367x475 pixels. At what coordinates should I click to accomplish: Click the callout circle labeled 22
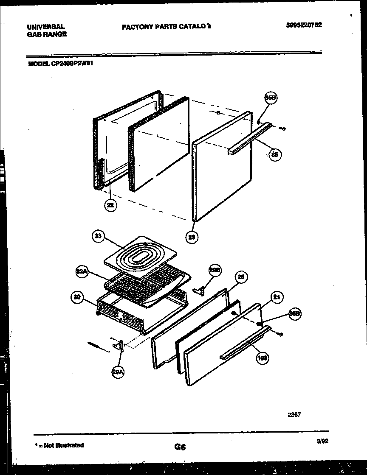tap(110, 205)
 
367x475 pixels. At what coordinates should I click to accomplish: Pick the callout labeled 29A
tap(118, 372)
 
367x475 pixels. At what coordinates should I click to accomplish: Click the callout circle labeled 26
tap(241, 277)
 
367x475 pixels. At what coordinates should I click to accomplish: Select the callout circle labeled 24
tap(277, 298)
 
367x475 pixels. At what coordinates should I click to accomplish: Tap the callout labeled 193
tap(262, 360)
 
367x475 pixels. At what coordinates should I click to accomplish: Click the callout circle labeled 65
tap(275, 155)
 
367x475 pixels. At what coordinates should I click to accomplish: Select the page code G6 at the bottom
tap(180, 447)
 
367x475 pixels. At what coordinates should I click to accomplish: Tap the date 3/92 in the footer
tap(322, 441)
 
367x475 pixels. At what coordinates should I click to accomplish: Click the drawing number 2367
tap(294, 415)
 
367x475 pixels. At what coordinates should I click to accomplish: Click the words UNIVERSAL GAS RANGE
tap(47, 31)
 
